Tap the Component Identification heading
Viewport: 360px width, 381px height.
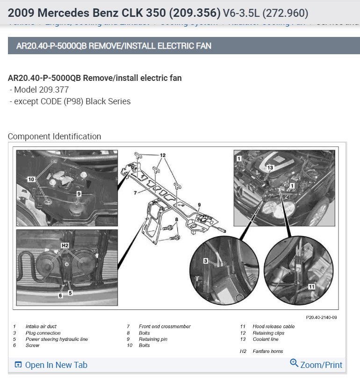[54, 137]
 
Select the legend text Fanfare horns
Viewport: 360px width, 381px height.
[267, 352]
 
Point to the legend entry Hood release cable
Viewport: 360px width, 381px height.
[274, 326]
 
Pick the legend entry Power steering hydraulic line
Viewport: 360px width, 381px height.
[57, 339]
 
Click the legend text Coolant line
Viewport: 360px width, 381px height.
[265, 339]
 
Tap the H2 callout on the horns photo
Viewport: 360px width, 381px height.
[65, 244]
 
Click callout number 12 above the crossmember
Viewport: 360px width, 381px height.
[162, 155]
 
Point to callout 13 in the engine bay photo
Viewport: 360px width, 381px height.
[270, 167]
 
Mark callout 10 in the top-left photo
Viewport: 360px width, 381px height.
[31, 179]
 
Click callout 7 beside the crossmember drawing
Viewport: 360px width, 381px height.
[134, 192]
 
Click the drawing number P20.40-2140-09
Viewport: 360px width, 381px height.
[321, 317]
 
